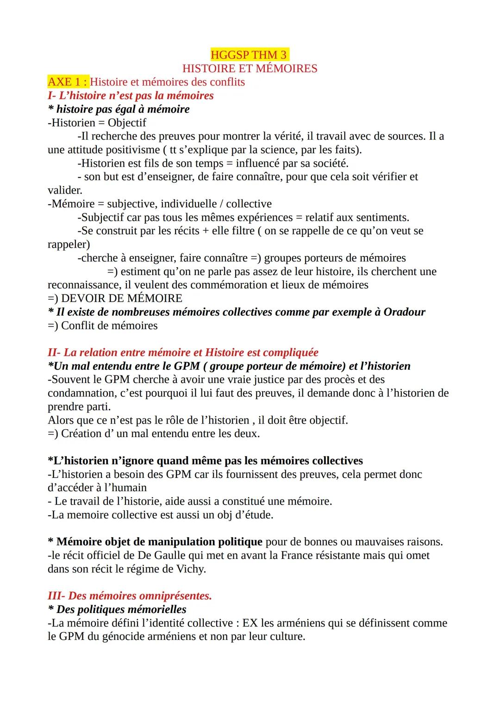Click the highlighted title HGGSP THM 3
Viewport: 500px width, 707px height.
click(250, 55)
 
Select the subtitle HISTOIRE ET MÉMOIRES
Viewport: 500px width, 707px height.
click(250, 69)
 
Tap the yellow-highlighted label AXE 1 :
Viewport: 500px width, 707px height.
click(68, 82)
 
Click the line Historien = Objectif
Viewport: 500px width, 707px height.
click(97, 123)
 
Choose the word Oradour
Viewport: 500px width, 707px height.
click(404, 312)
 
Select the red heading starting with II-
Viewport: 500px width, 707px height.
click(183, 352)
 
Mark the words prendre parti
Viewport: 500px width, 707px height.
click(79, 407)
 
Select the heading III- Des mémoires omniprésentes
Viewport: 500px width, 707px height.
click(130, 596)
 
